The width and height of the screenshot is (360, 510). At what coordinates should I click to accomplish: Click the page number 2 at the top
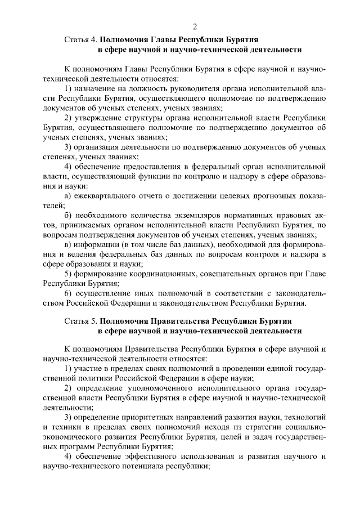pos(195,26)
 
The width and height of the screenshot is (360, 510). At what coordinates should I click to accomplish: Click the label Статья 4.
pos(82,40)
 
